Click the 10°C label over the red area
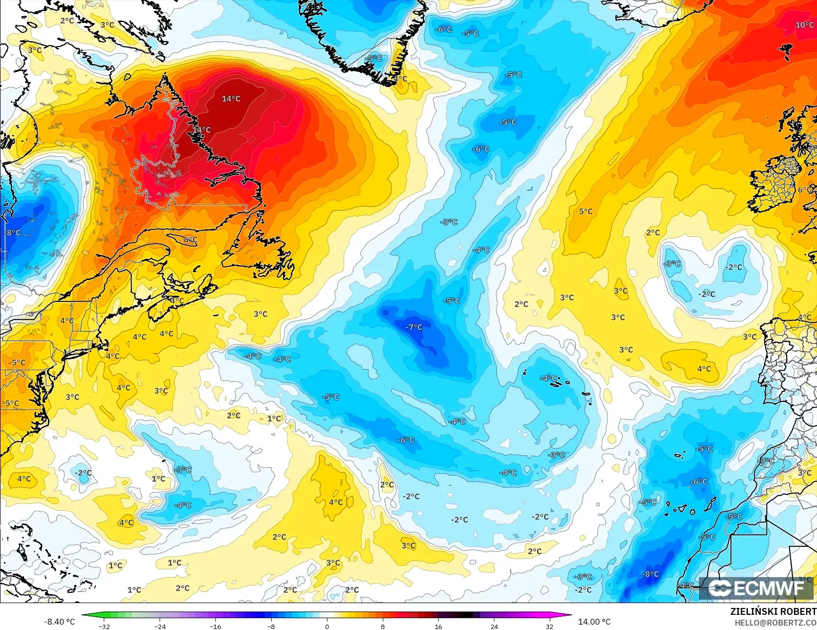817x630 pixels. click(x=804, y=25)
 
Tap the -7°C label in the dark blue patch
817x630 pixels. click(x=414, y=327)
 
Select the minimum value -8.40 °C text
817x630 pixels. click(x=60, y=622)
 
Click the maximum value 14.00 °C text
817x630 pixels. click(x=594, y=622)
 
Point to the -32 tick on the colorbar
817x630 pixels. click(x=104, y=626)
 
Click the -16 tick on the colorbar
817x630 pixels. click(x=215, y=626)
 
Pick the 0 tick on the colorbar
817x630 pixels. click(x=327, y=626)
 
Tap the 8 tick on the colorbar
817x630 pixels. click(x=383, y=626)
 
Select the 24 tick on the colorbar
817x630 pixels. click(x=494, y=626)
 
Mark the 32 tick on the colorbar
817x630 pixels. click(x=550, y=626)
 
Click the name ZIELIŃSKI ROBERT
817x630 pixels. click(x=773, y=611)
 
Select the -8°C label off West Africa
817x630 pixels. click(x=651, y=574)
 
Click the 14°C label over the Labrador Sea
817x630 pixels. click(x=231, y=99)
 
